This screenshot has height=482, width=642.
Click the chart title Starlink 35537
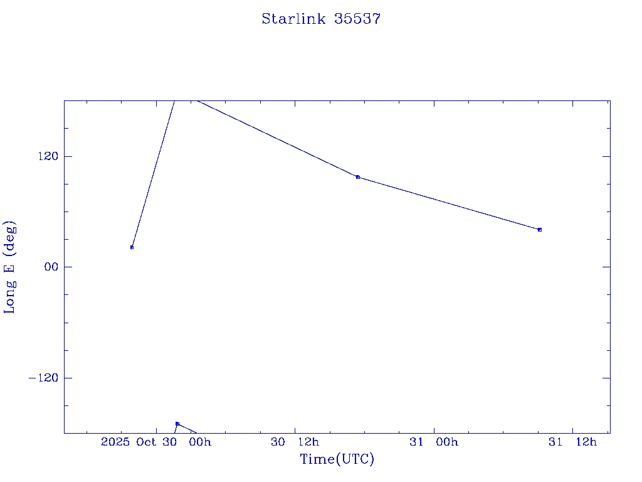pos(321,19)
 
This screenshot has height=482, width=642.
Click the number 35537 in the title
pos(357,19)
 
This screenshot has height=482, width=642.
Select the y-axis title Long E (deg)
pos(10,267)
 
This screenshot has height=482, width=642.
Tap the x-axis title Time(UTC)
pos(337,459)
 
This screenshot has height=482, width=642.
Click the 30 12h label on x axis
pos(295,442)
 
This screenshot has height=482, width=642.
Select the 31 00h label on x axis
pos(434,442)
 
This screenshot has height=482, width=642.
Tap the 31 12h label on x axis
pos(572,442)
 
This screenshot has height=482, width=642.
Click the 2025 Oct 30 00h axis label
pos(156,442)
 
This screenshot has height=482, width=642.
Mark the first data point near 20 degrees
pos(132,247)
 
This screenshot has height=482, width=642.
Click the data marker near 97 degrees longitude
pos(358,177)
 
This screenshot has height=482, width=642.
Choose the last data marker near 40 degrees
pos(540,230)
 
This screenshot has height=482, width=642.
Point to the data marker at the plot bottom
pos(177,424)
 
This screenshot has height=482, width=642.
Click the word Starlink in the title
pos(294,19)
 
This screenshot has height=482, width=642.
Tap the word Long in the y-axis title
pos(10,298)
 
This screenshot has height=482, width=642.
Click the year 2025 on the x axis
pos(116,442)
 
